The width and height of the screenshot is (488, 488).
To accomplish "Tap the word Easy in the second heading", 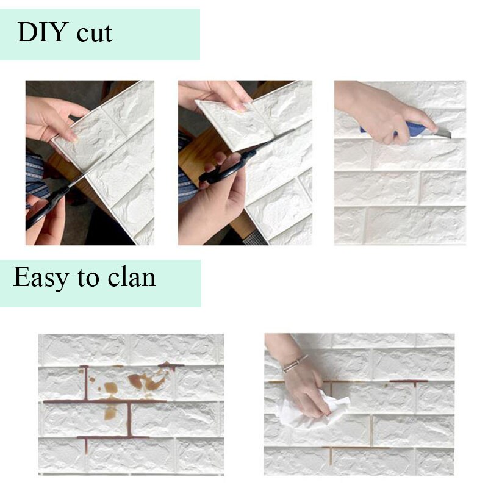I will click(41, 278).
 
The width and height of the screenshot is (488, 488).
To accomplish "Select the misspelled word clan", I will click(133, 278).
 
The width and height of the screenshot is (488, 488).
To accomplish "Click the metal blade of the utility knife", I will click(444, 132).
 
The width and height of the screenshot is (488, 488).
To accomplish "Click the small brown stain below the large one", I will click(110, 412).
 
